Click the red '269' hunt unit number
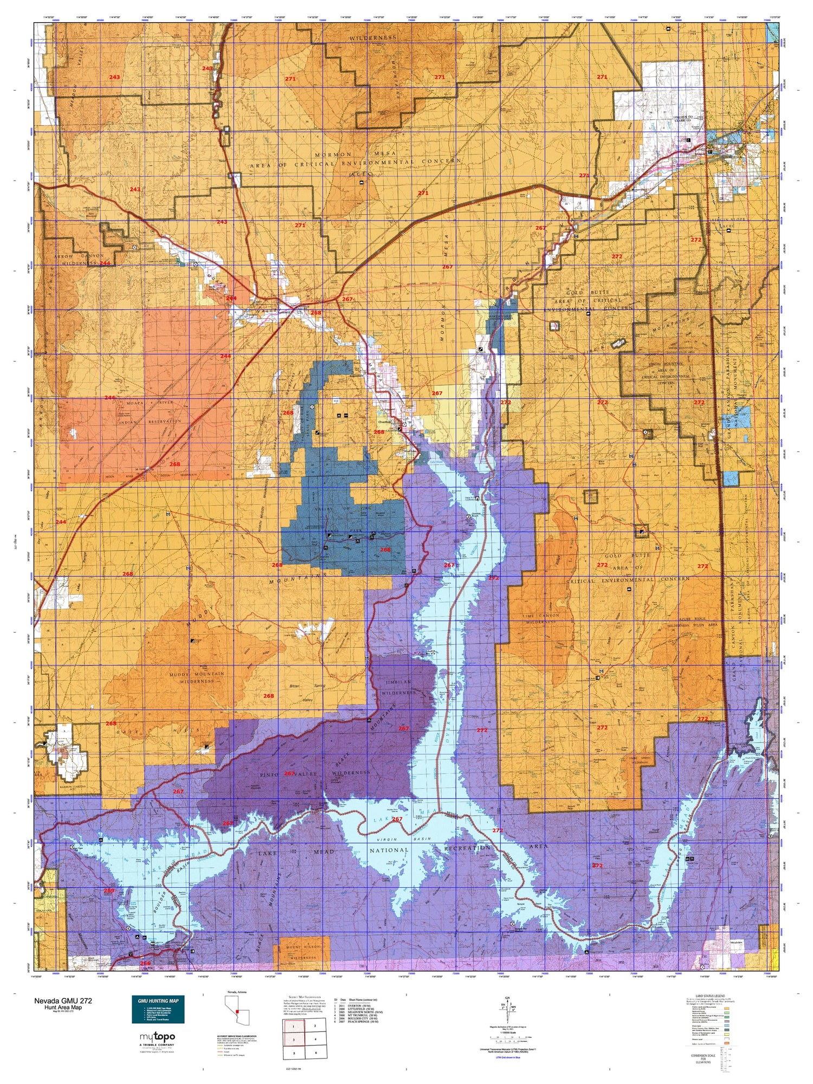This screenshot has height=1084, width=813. [x=109, y=890]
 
